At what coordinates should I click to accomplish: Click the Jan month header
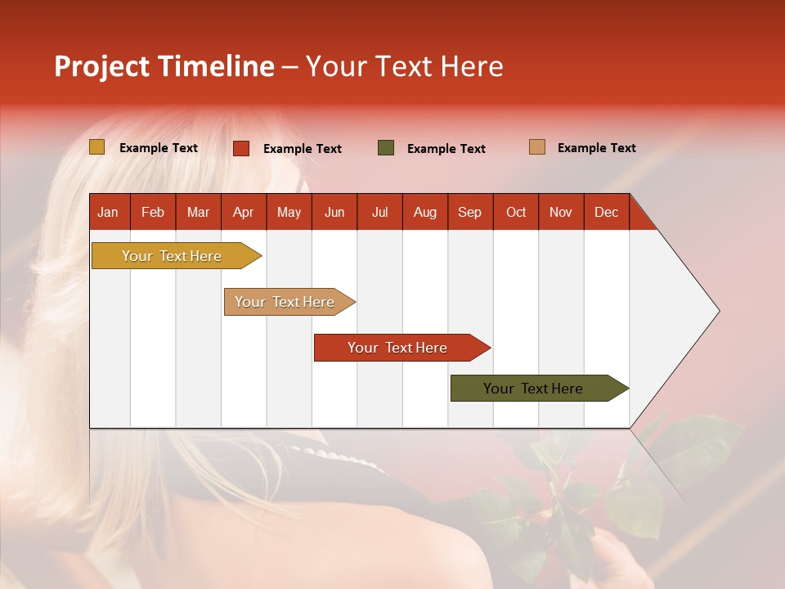tap(108, 212)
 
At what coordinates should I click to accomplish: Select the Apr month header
tap(243, 212)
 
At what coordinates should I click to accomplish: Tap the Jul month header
tap(379, 212)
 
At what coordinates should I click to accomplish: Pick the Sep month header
tap(469, 212)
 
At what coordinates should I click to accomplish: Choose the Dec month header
tap(606, 212)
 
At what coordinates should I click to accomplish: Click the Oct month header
tap(515, 212)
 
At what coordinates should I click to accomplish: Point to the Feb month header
tap(153, 212)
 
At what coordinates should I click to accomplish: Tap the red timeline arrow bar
tap(398, 348)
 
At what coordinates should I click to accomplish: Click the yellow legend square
tap(97, 147)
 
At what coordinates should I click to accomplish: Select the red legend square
tap(241, 148)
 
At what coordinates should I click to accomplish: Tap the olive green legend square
tap(386, 148)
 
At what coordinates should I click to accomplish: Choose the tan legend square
tap(536, 147)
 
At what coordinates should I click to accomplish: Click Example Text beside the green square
tap(446, 148)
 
